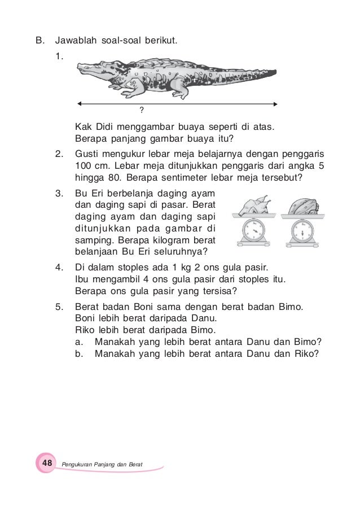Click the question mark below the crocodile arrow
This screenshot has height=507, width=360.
point(142,109)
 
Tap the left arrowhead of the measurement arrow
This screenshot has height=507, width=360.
point(81,103)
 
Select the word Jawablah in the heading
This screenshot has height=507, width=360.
point(76,41)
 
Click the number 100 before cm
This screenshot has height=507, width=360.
point(84,167)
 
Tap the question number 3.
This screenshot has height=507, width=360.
point(59,194)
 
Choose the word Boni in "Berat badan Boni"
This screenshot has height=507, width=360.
point(146,307)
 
